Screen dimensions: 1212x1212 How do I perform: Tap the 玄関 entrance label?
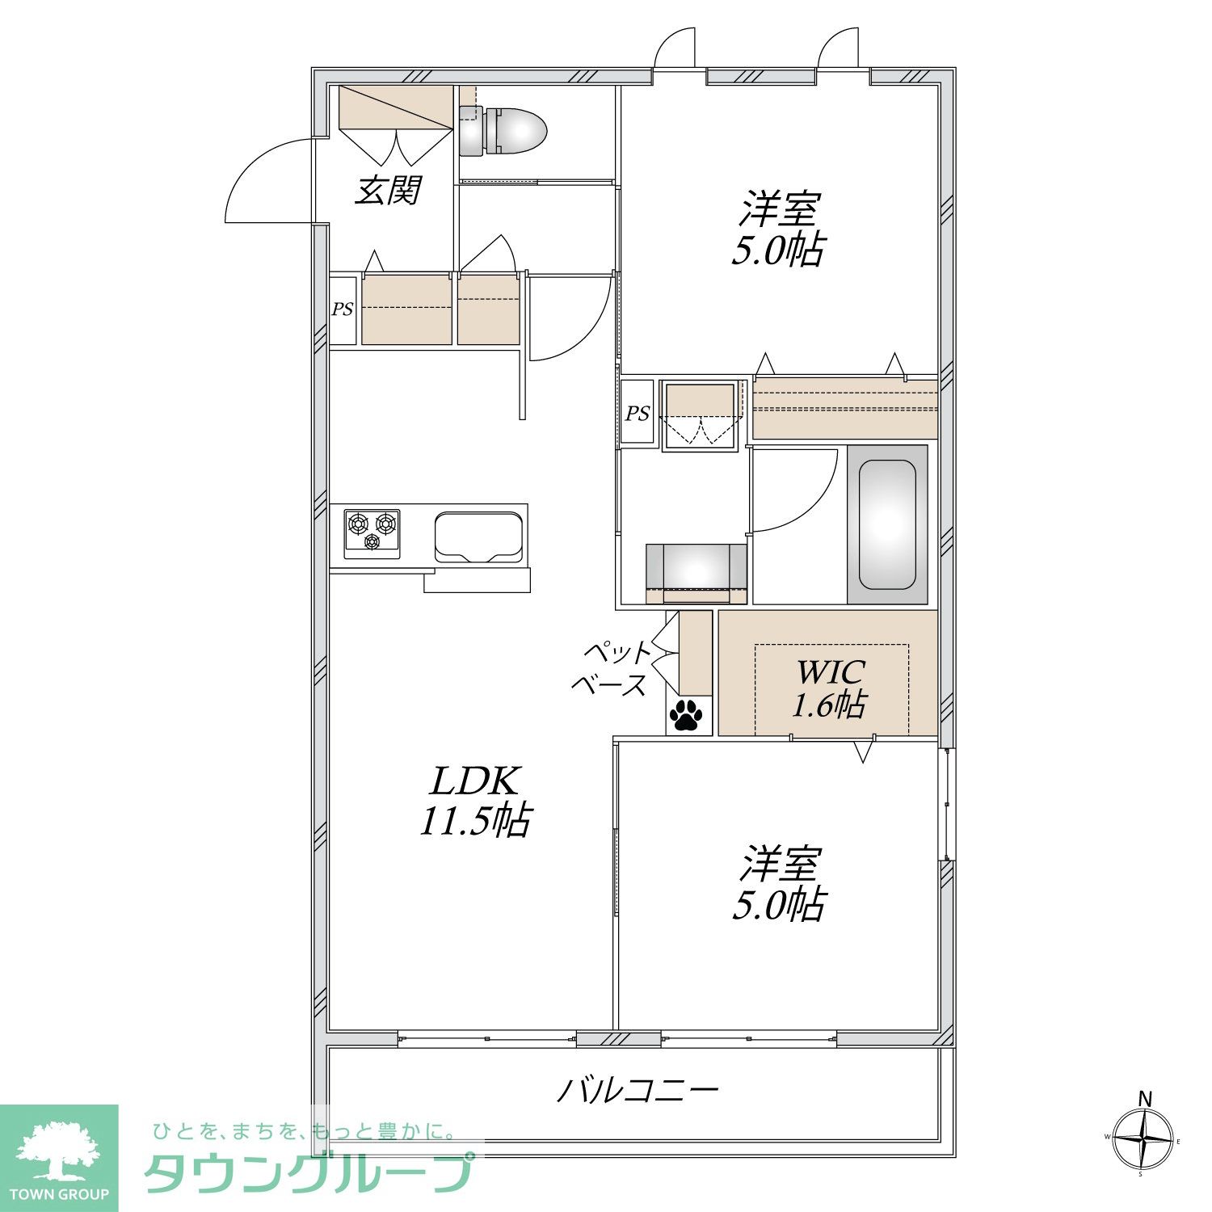(x=388, y=191)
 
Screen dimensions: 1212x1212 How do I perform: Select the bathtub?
(x=887, y=524)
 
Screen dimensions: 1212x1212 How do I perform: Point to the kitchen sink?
(x=478, y=537)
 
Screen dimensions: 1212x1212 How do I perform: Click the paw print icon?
(x=686, y=714)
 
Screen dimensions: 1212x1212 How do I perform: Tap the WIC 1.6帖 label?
(x=830, y=688)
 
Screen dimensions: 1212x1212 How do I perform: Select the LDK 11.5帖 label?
(x=474, y=801)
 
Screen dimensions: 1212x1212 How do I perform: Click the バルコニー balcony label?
(x=638, y=1092)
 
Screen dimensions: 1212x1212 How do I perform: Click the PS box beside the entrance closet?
(x=343, y=309)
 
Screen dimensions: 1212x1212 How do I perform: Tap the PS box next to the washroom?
(x=637, y=414)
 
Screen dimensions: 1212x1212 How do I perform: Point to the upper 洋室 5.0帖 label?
(x=778, y=229)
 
